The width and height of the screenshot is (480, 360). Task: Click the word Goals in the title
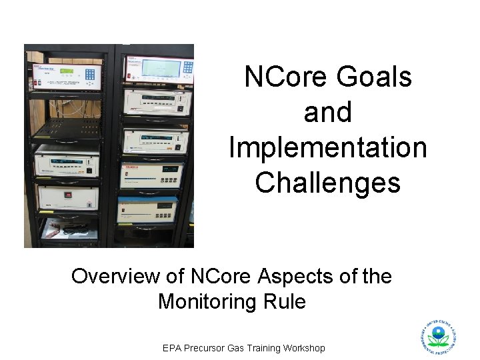point(375,77)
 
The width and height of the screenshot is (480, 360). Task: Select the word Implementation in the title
point(327,147)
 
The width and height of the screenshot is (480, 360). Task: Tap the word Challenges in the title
point(327,183)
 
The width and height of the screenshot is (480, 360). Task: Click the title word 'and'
point(327,113)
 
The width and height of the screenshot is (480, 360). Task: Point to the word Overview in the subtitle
point(117,276)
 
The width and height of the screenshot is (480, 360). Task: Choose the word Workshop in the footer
point(301,348)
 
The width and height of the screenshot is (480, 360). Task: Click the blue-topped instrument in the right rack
point(147,207)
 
